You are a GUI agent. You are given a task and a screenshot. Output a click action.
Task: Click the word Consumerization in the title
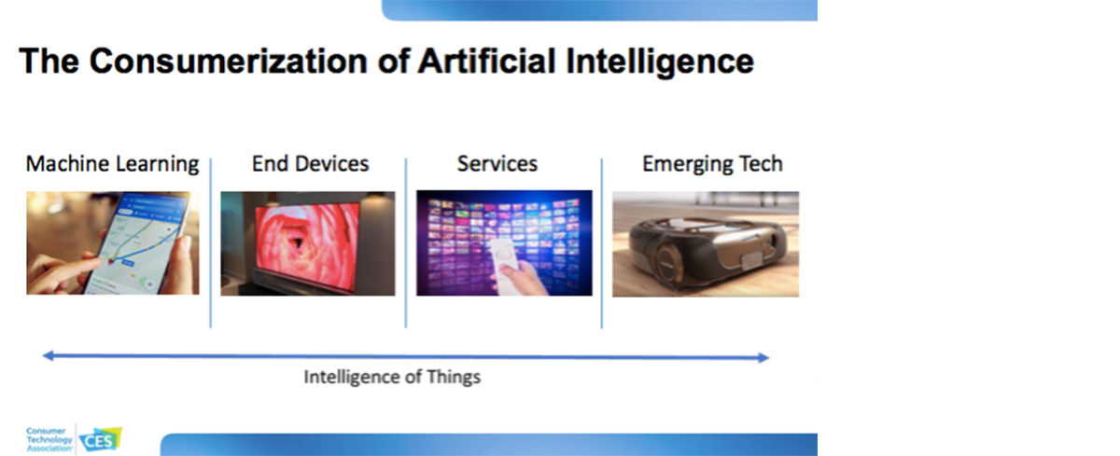[229, 61]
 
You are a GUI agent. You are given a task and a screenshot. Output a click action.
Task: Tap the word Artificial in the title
[486, 61]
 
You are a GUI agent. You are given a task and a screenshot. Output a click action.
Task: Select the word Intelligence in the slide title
[660, 62]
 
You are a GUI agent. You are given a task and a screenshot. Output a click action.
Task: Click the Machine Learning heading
[113, 164]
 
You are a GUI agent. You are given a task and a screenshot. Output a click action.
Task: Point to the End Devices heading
[310, 164]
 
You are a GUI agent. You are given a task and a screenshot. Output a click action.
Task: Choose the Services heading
[497, 164]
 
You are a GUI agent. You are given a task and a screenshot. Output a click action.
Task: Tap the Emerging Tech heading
[712, 164]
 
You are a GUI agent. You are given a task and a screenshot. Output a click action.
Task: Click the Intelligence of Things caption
[392, 377]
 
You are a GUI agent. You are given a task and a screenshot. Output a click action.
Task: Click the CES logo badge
[101, 440]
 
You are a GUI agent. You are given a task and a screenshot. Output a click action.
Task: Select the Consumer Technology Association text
[49, 439]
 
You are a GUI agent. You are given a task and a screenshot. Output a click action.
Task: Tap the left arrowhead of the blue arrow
[48, 355]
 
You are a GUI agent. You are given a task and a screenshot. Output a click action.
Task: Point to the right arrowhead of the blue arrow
[763, 357]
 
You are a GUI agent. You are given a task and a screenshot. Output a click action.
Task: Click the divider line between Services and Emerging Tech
[601, 243]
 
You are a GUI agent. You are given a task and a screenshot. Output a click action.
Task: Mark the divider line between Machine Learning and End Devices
[211, 243]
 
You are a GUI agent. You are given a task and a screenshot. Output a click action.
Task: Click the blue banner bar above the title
[599, 10]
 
